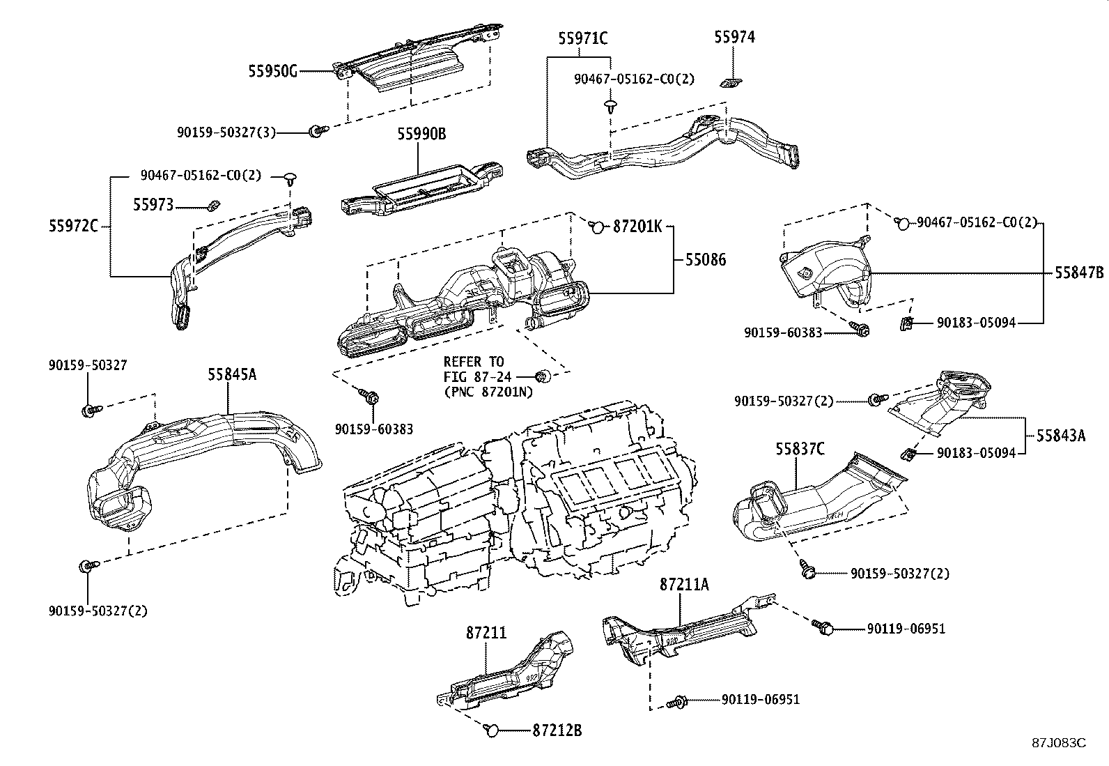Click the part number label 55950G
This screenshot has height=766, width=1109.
pyautogui.click(x=272, y=71)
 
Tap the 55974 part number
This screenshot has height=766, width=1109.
pyautogui.click(x=734, y=38)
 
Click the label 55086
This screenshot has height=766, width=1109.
pyautogui.click(x=705, y=260)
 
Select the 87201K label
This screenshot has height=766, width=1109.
pyautogui.click(x=638, y=226)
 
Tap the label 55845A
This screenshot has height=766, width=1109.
pyautogui.click(x=231, y=374)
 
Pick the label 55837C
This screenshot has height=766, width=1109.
pyautogui.click(x=800, y=450)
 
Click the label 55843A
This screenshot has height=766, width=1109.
pyautogui.click(x=1060, y=436)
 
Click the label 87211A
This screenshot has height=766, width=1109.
pyautogui.click(x=684, y=585)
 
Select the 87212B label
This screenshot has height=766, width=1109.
pyautogui.click(x=557, y=730)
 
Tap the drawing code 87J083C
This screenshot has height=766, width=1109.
pyautogui.click(x=1059, y=742)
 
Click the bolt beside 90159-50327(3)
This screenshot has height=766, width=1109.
pyautogui.click(x=316, y=130)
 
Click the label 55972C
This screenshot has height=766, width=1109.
pyautogui.click(x=73, y=225)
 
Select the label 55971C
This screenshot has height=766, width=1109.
pyautogui.click(x=582, y=38)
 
